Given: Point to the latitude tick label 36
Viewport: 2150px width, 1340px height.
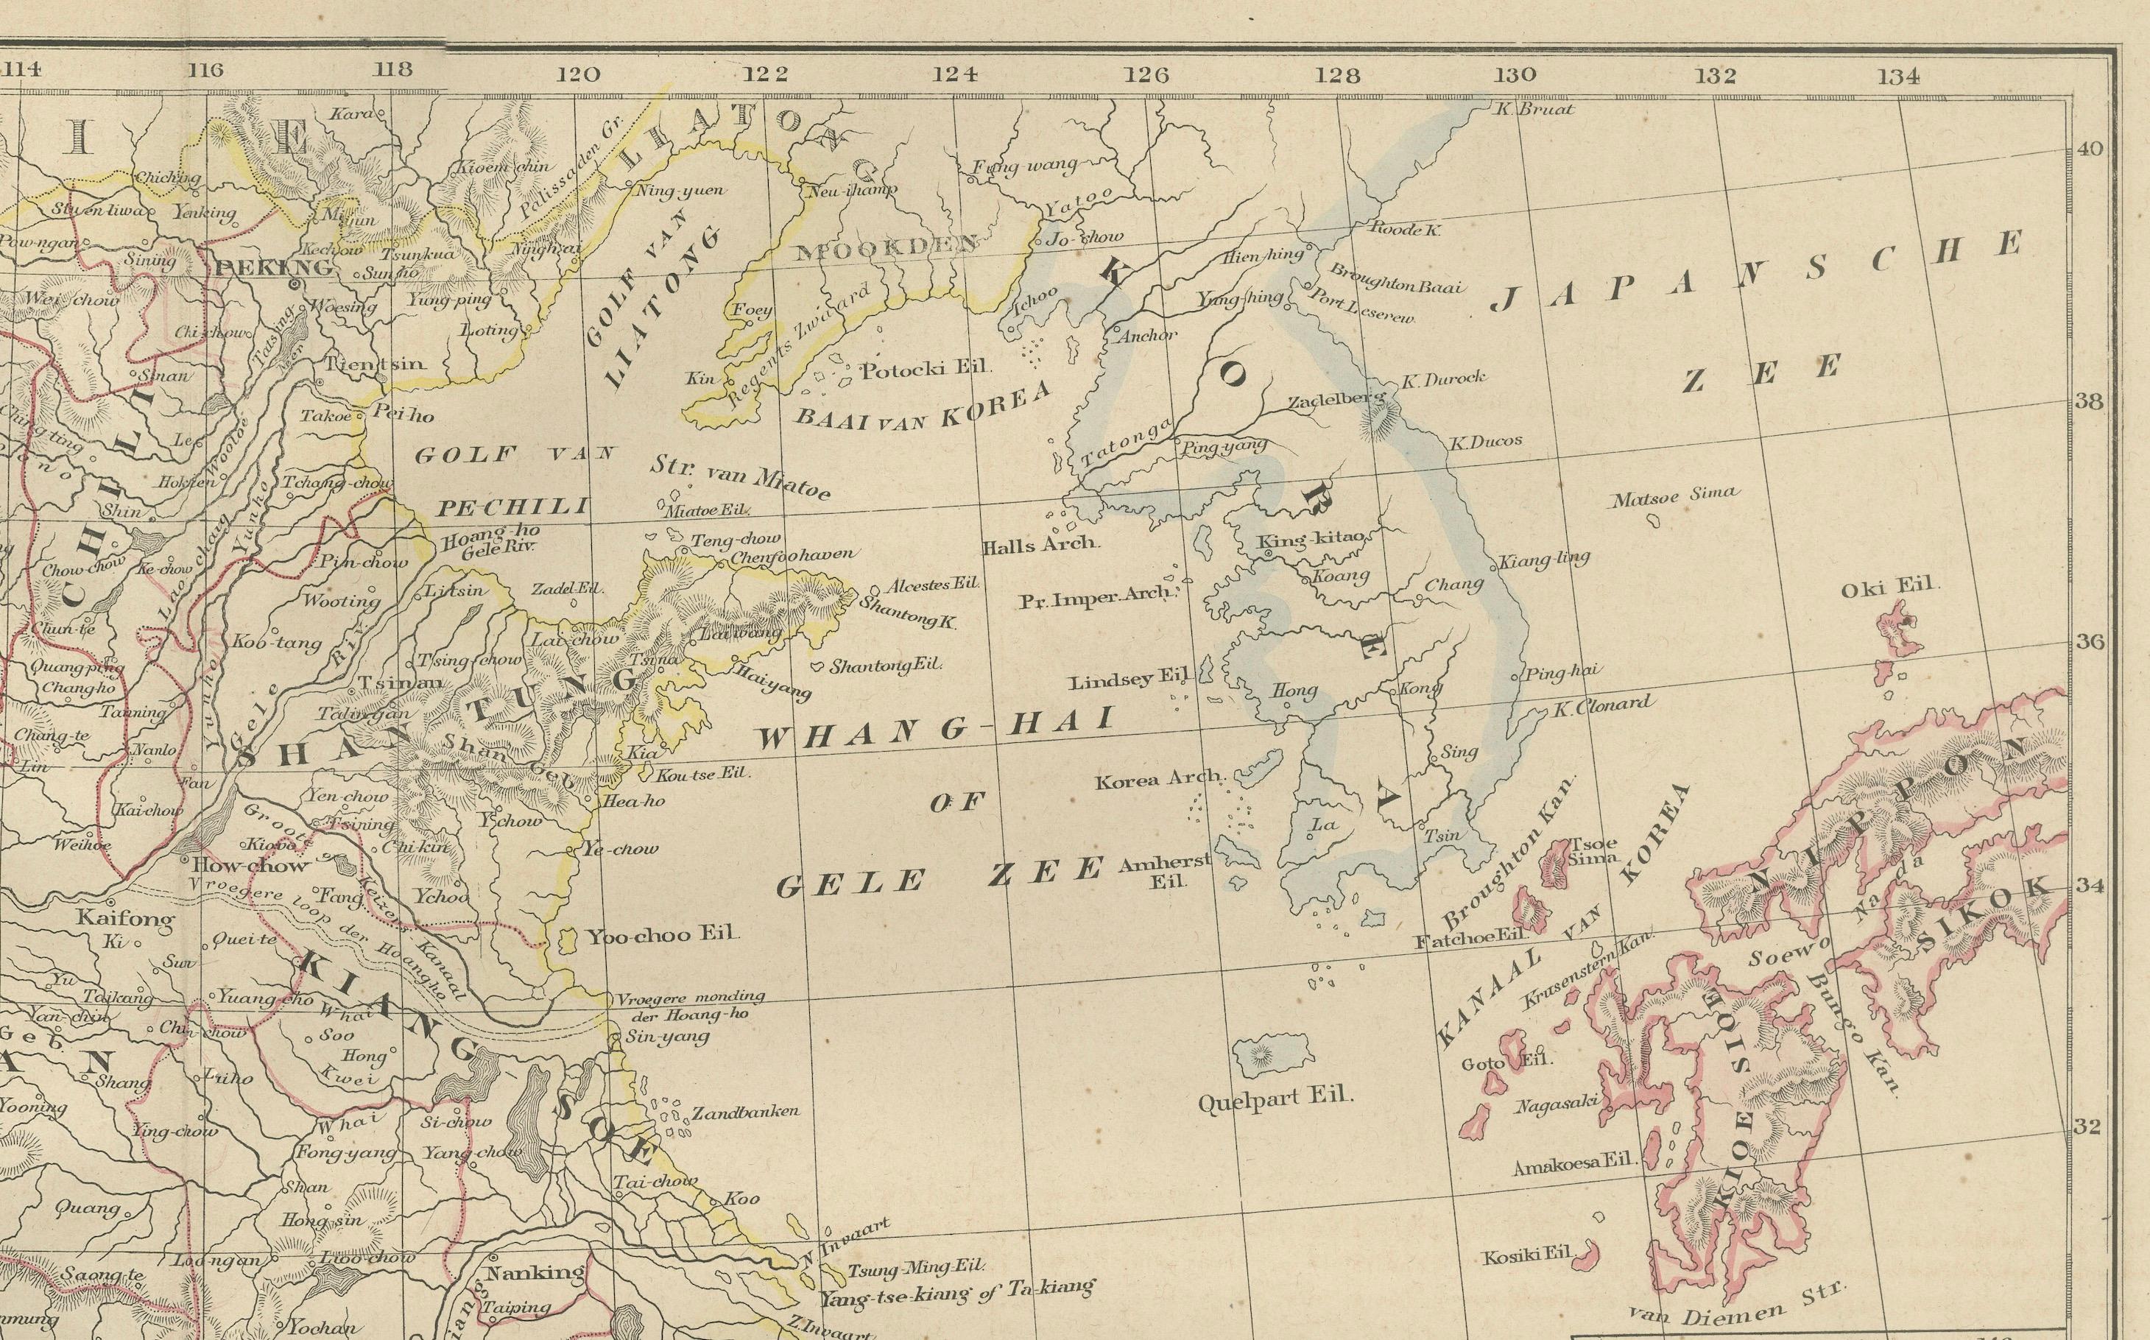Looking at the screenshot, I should click(2089, 641).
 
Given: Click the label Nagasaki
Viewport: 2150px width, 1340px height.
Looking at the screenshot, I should click(1555, 1105).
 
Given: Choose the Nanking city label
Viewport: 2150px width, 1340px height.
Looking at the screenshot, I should click(535, 1273).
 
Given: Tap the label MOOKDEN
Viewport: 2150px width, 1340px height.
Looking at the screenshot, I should click(887, 248).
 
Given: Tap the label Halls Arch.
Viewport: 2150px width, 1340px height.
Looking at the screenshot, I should click(1040, 545).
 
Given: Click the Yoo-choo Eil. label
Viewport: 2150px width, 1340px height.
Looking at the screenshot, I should click(664, 934).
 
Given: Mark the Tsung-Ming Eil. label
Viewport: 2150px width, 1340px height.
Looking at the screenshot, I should click(914, 1269).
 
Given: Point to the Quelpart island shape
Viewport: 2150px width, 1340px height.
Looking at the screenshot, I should click(1272, 1054).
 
